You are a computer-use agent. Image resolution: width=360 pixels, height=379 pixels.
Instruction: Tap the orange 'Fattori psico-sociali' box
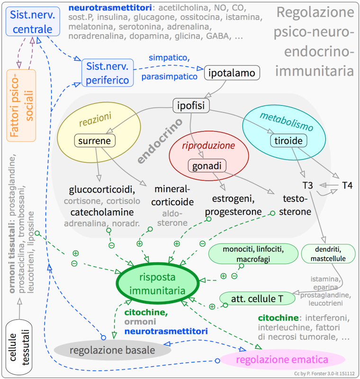[x=22, y=105]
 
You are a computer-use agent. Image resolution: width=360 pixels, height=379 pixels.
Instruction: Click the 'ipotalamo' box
[x=233, y=73]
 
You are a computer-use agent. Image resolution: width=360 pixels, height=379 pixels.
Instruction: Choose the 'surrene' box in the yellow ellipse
[x=94, y=141]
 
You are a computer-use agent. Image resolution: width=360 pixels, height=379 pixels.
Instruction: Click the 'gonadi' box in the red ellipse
[x=207, y=165]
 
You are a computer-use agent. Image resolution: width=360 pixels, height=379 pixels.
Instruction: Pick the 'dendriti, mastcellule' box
[x=327, y=253]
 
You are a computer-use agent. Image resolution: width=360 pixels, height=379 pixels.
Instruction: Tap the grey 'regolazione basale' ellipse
[x=112, y=351]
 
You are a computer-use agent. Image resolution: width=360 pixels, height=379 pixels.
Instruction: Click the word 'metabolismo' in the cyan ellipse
[x=287, y=121]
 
